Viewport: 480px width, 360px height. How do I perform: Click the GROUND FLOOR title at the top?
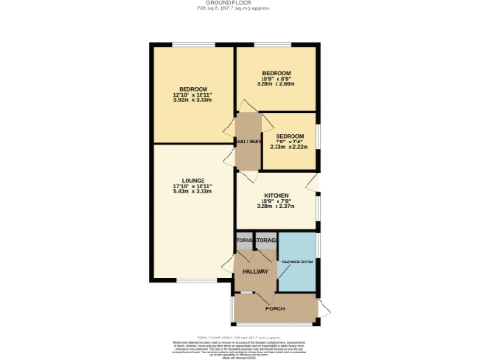click(239, 3)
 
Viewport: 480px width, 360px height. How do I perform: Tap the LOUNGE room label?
click(193, 180)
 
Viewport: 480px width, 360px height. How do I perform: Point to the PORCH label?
click(275, 308)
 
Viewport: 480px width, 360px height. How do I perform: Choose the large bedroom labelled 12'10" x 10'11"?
click(193, 94)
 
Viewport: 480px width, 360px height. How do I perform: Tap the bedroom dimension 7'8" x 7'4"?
click(290, 142)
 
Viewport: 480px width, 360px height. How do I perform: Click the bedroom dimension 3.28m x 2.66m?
click(277, 84)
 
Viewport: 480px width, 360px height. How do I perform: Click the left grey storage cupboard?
click(245, 242)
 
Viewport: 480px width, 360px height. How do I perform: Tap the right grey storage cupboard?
click(266, 242)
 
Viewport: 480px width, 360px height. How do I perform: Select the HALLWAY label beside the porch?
click(255, 272)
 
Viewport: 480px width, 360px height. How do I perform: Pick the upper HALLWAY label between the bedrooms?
click(247, 142)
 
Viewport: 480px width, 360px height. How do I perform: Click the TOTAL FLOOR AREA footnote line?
click(240, 335)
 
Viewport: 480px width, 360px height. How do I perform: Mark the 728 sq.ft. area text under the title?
click(239, 9)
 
